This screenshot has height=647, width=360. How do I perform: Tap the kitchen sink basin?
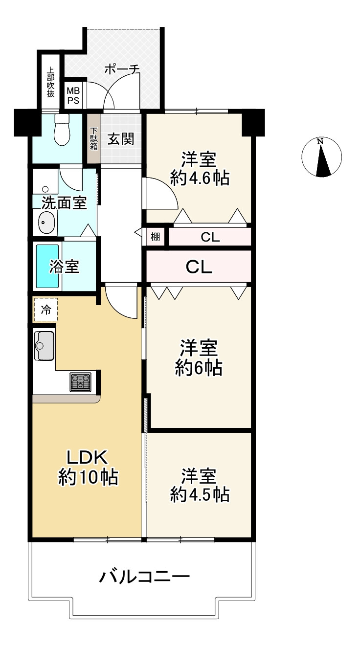pyautogui.click(x=44, y=346)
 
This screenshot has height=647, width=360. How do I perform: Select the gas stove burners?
pyautogui.click(x=80, y=382)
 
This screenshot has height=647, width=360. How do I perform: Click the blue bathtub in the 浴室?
pyautogui.click(x=47, y=267)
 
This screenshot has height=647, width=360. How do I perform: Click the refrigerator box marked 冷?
pyautogui.click(x=46, y=310)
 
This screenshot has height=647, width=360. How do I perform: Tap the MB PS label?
pyautogui.click(x=73, y=95)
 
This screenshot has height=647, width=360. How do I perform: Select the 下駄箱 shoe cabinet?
pyautogui.click(x=93, y=139)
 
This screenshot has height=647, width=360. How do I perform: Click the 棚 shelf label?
pyautogui.click(x=156, y=237)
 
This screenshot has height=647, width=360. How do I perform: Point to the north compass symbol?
pyautogui.click(x=321, y=157)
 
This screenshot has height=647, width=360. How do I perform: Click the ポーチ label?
pyautogui.click(x=122, y=69)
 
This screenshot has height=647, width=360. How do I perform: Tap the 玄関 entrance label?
pyautogui.click(x=121, y=139)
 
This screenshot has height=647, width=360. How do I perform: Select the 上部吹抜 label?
pyautogui.click(x=50, y=82)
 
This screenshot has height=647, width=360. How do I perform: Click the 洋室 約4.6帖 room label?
pyautogui.click(x=200, y=168)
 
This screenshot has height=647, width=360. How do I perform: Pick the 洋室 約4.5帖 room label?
pyautogui.click(x=200, y=485)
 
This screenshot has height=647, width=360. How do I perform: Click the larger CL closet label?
pyautogui.click(x=199, y=267)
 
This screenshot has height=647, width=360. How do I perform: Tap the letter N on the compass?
pyautogui.click(x=320, y=141)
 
